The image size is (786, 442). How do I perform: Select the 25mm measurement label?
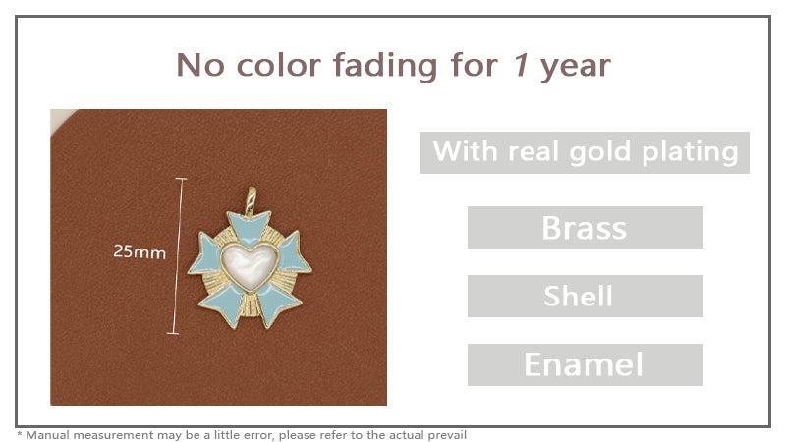tap(140, 251)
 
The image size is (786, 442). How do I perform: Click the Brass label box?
tap(585, 228)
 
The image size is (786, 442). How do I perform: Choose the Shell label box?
tap(585, 296)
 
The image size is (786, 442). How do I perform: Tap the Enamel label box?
tap(585, 364)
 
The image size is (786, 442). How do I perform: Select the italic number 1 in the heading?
tap(521, 66)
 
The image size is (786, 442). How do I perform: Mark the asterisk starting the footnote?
tap(20, 433)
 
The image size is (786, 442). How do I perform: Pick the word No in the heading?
tap(200, 66)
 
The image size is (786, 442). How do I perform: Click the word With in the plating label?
tap(466, 152)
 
